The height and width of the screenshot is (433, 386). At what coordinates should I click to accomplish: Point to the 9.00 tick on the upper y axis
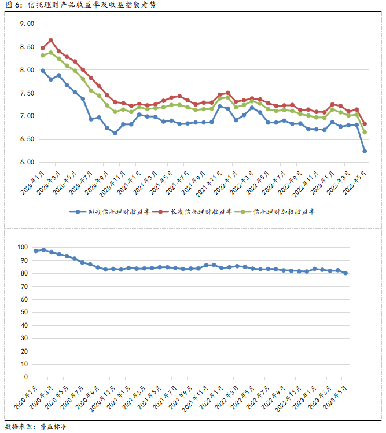pos(27,24)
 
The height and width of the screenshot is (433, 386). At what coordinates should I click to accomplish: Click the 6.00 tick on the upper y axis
pos(27,162)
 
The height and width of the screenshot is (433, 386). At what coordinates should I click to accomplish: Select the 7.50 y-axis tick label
pos(27,93)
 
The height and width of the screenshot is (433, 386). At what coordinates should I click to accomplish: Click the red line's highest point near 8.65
pos(51,40)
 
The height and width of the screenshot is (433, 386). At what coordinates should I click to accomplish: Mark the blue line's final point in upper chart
pos(364,151)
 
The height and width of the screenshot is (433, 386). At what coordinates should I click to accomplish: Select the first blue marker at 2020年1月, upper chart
pos(43,71)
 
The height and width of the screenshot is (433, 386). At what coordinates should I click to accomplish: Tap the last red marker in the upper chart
pos(364,124)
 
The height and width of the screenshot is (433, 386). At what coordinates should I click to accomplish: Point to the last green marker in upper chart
pos(364,132)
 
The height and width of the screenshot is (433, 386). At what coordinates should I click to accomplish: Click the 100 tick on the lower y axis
pos(22,247)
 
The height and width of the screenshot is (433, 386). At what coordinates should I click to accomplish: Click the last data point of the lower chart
pos(345,273)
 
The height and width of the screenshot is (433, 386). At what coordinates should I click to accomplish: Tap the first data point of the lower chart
pos(36,251)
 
